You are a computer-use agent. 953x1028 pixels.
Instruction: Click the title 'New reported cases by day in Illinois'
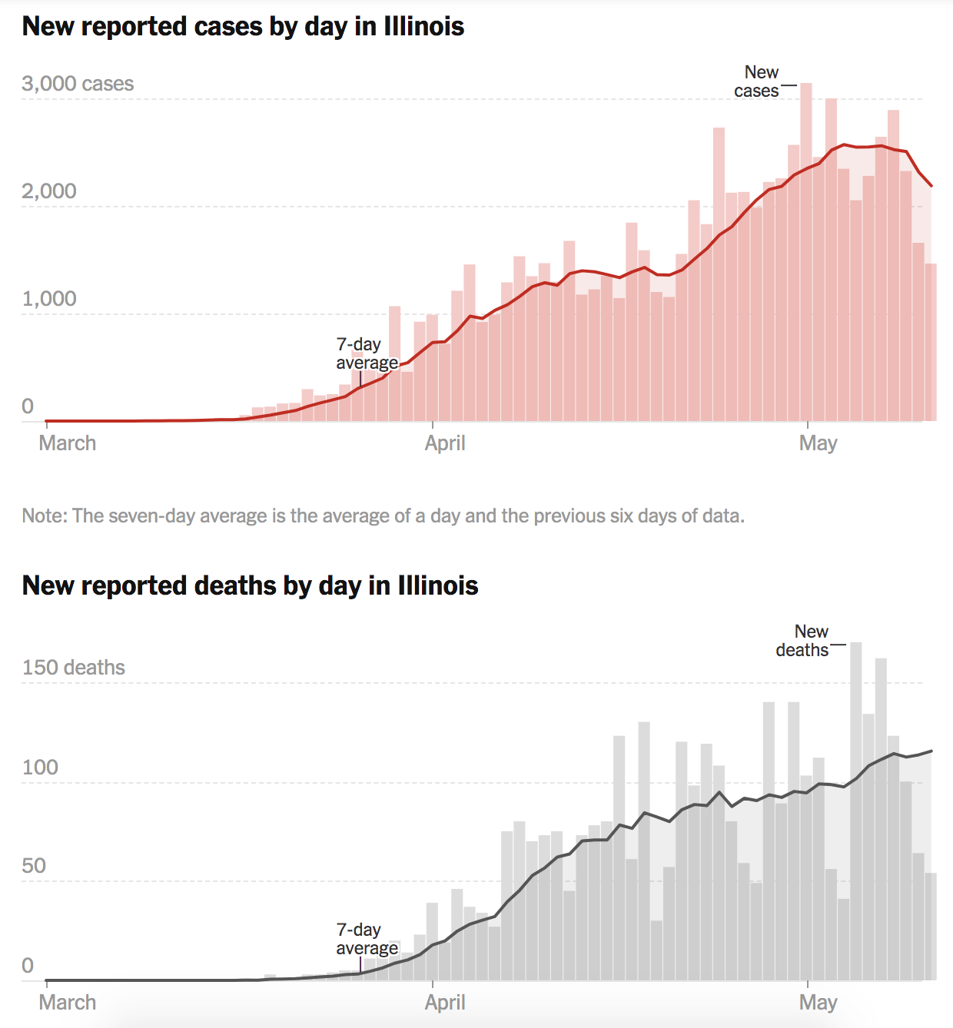coord(243,27)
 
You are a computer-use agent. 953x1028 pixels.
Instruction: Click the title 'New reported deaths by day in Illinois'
coord(250,586)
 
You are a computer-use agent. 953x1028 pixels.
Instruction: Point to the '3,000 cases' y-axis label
coord(78,84)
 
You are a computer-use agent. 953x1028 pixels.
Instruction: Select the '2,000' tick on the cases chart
coord(49,191)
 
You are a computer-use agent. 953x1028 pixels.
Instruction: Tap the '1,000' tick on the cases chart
coord(49,299)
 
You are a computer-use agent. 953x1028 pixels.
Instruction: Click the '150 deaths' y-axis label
coord(74,668)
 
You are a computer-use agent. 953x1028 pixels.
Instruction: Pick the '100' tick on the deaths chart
coord(40,768)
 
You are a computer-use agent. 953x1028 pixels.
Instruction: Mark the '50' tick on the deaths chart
coord(34,866)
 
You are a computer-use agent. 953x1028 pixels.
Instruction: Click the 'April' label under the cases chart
coord(445,443)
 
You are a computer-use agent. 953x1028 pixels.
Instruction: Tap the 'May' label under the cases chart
coord(818,443)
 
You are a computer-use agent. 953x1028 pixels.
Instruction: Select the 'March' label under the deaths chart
coord(68,1003)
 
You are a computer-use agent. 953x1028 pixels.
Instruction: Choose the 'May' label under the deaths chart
coord(818,1003)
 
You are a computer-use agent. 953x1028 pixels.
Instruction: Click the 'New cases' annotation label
coord(758,81)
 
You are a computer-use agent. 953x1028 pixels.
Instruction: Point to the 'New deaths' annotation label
coord(804,641)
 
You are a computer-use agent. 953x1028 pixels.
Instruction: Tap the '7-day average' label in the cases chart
coord(367,353)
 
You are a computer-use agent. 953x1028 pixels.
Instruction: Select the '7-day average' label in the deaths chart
coord(367,939)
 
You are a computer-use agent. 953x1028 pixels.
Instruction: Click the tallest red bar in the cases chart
coord(806,254)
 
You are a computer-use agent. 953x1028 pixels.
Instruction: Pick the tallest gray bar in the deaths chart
coord(856,814)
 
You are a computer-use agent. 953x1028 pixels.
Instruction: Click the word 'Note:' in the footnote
coord(45,516)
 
